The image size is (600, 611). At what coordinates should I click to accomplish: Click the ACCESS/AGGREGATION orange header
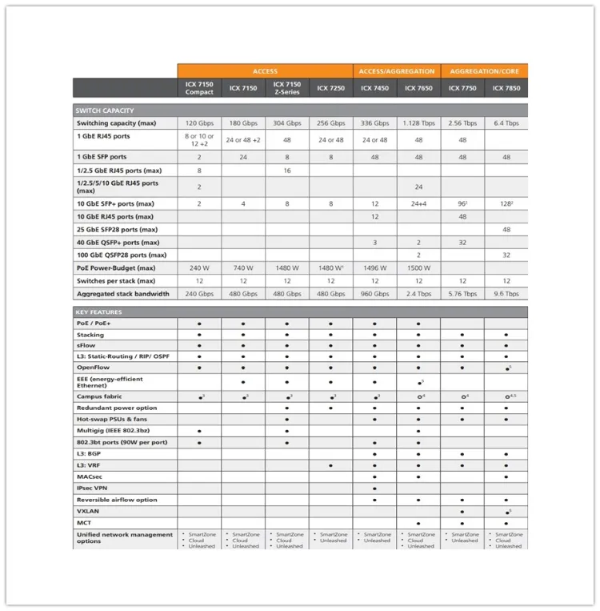click(397, 71)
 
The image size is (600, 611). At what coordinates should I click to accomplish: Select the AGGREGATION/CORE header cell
click(484, 71)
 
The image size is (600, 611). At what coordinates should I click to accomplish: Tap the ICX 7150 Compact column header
click(199, 88)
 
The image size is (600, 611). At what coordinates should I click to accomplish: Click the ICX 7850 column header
click(506, 88)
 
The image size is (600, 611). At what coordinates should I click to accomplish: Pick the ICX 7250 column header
click(330, 88)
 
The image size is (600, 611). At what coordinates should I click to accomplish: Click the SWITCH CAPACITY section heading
click(105, 111)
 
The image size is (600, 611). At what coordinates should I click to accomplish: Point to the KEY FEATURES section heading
click(99, 312)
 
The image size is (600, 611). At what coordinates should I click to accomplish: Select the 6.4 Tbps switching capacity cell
click(506, 123)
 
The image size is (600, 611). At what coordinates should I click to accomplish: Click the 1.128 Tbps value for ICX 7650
click(418, 123)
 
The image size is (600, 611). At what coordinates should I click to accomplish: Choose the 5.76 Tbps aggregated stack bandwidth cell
click(462, 294)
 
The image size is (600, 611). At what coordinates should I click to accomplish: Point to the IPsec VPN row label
click(92, 488)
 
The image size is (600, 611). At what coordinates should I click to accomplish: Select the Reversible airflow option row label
click(117, 500)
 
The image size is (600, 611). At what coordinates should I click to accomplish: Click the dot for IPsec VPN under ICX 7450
click(374, 488)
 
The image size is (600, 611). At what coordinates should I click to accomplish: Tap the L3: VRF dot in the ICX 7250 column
click(330, 465)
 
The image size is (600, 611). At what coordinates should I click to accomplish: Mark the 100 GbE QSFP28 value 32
click(506, 255)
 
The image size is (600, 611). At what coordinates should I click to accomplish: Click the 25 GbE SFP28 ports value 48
click(506, 230)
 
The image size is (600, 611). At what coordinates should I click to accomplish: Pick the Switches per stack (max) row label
click(116, 281)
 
